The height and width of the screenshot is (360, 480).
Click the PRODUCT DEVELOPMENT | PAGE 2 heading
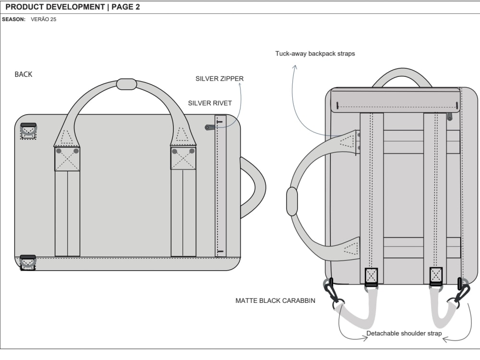[72, 7]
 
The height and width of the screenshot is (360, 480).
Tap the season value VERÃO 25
[44, 20]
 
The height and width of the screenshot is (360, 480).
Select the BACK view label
[24, 74]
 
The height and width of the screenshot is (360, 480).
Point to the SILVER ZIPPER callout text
[219, 79]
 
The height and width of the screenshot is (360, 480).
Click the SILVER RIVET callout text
[210, 103]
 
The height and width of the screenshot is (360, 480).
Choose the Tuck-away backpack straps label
[315, 54]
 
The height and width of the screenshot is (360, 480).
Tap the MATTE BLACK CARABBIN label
[275, 301]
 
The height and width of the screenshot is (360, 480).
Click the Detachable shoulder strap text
[404, 333]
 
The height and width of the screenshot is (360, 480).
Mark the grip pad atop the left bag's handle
[127, 84]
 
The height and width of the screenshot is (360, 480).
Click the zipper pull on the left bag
[210, 127]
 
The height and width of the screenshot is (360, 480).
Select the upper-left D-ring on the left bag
[28, 130]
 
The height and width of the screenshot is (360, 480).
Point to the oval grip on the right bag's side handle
[292, 202]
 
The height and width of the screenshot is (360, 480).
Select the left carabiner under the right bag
[332, 292]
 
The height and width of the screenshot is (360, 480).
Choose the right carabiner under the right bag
[462, 291]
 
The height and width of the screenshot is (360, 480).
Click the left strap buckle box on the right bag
[371, 276]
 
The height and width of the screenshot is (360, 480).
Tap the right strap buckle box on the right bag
[436, 276]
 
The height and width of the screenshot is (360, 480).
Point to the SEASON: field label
[13, 20]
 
